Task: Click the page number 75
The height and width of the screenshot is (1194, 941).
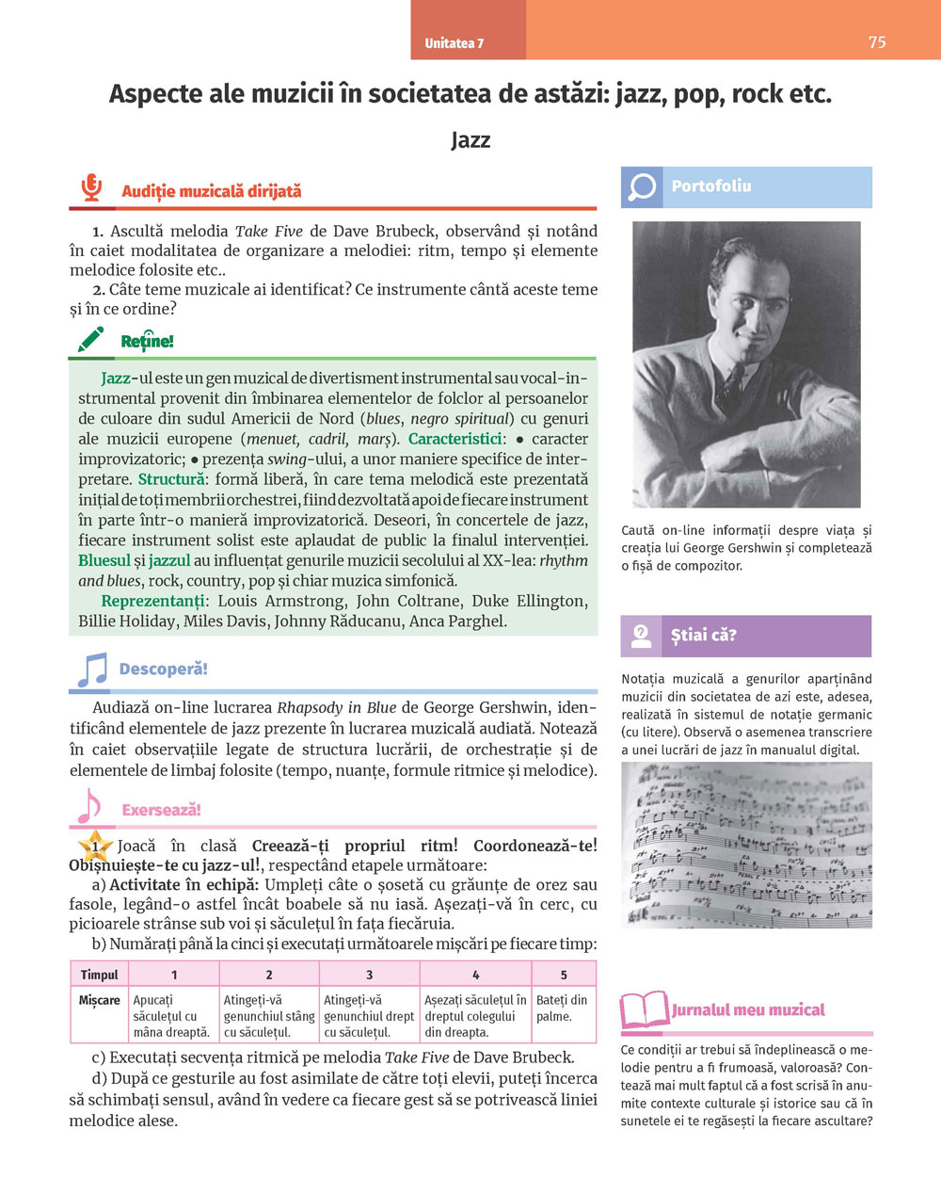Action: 877,42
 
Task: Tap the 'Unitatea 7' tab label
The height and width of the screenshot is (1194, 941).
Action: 454,43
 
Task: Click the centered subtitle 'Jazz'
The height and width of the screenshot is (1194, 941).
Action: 470,140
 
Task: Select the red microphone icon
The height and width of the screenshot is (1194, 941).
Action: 90,187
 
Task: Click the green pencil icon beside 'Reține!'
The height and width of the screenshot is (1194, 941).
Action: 91,339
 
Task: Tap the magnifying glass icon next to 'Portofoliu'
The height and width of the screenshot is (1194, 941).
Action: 642,186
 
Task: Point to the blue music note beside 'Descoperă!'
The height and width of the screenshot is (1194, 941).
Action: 91,670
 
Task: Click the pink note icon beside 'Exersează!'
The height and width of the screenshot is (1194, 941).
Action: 88,806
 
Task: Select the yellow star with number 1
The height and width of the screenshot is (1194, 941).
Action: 94,847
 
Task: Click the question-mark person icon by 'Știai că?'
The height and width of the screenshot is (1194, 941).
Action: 642,636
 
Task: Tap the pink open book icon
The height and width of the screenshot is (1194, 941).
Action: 644,1010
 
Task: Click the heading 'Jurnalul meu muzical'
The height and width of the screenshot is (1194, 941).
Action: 748,1010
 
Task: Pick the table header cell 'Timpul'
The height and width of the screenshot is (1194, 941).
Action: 99,975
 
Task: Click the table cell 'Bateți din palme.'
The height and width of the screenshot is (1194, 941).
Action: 563,1008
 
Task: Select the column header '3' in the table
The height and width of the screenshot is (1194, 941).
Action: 369,975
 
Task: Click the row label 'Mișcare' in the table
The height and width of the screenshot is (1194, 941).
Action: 99,1000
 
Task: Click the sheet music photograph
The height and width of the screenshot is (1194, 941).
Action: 746,845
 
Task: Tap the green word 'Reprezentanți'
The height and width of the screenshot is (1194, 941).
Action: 152,601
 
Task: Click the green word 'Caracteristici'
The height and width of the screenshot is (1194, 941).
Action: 455,439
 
